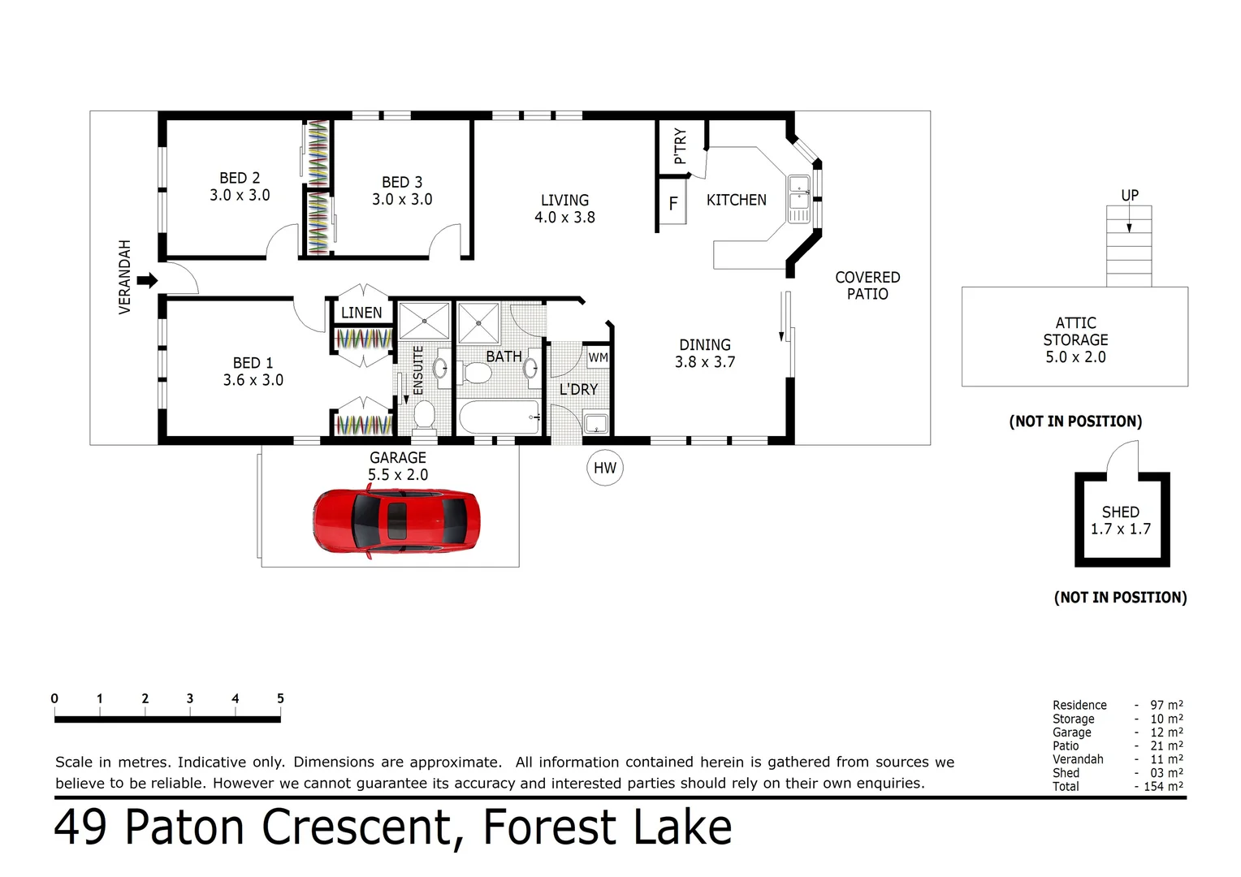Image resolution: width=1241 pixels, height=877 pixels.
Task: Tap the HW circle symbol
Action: point(605,468)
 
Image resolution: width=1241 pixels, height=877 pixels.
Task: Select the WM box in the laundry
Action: point(598,357)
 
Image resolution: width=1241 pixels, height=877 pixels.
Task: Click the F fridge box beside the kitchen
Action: point(673,204)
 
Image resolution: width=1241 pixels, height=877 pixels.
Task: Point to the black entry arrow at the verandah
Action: point(147,281)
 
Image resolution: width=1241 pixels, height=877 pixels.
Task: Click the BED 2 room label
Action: point(240,186)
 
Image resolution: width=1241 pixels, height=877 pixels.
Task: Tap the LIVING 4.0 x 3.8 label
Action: point(564,209)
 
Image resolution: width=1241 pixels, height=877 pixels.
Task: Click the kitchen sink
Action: point(799,199)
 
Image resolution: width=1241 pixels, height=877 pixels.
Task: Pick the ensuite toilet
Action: point(424,414)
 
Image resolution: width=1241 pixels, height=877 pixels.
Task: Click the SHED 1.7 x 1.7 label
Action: point(1121,521)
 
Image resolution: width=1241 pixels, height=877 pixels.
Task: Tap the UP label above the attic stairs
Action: point(1130,196)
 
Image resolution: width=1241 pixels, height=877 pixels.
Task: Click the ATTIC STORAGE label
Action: point(1075,339)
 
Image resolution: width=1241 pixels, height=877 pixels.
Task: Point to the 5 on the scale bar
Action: point(280,698)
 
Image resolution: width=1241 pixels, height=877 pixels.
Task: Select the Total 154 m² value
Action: point(1166,786)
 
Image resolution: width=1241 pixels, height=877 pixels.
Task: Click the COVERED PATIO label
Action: point(867,286)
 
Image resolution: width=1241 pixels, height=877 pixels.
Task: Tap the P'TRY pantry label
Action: point(681,145)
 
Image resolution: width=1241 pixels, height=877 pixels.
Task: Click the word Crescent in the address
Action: point(356,827)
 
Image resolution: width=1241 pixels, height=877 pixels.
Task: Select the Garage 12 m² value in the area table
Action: point(1166,732)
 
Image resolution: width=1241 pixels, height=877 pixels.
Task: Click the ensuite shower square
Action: point(424,321)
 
